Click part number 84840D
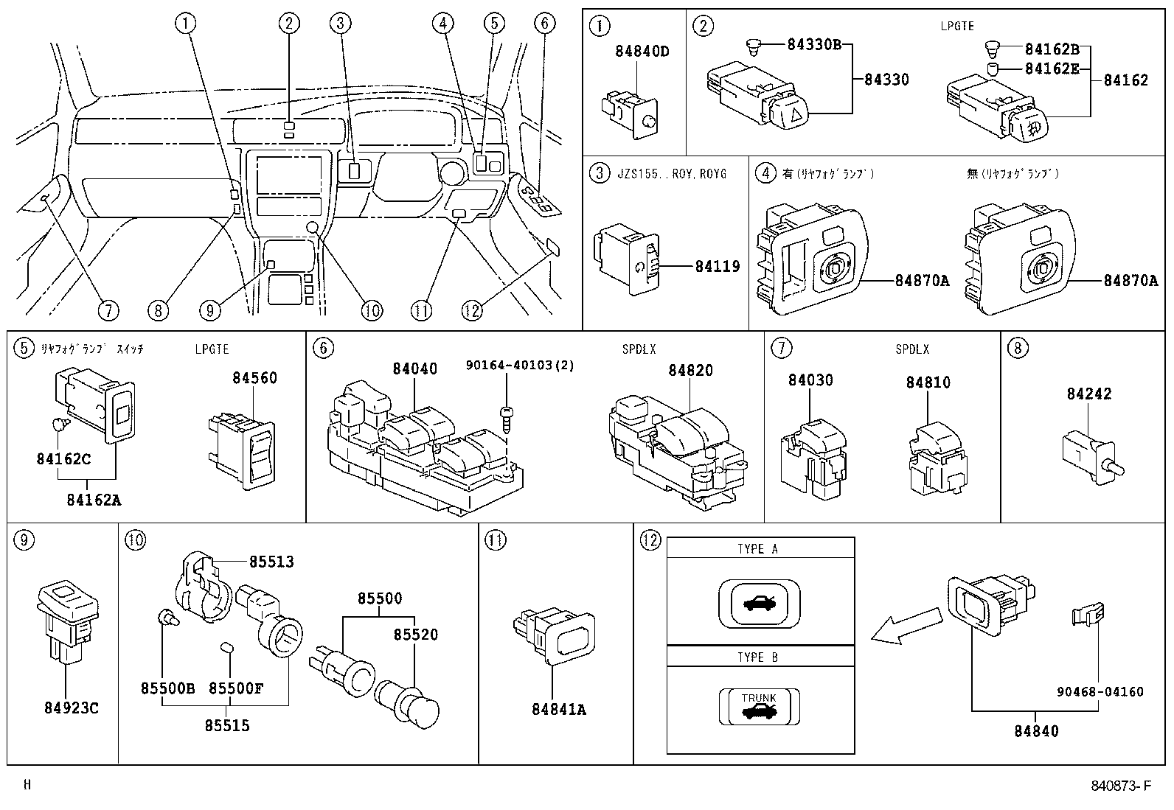[642, 52]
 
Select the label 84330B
[813, 44]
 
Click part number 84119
[717, 266]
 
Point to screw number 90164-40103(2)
[519, 365]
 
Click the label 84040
[414, 369]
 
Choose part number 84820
[691, 370]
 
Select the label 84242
[1088, 394]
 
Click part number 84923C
[71, 708]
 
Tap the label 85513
[271, 562]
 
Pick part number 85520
[415, 635]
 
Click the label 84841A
[558, 709]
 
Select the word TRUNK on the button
[759, 697]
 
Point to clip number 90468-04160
[1099, 691]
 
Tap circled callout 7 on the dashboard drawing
[108, 311]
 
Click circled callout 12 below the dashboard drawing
[472, 311]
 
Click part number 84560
[254, 378]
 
